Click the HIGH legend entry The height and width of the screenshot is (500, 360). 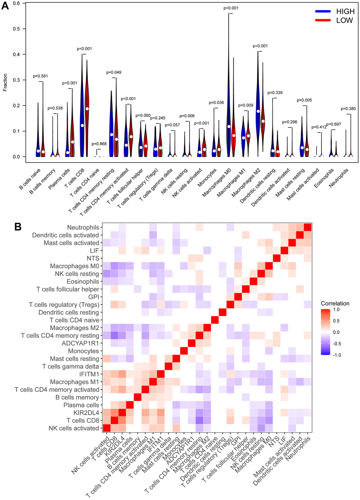tap(345, 12)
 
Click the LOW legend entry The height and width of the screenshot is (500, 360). tap(344, 20)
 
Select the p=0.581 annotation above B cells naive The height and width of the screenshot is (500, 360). tap(40, 76)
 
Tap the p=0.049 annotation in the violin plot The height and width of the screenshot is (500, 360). tap(114, 72)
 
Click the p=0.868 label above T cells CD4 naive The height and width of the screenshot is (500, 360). tap(99, 144)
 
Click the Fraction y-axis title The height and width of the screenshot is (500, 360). tap(5, 83)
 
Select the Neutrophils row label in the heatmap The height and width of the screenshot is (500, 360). tap(83, 227)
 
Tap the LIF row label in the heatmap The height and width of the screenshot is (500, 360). tap(94, 251)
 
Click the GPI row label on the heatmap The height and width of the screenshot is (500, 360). tap(94, 297)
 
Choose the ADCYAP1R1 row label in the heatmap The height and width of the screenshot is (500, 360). tap(80, 343)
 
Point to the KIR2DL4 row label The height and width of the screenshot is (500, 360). tap(86, 413)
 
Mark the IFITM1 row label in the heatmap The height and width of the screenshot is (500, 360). tap(89, 374)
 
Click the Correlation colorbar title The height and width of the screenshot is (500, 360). tap(335, 304)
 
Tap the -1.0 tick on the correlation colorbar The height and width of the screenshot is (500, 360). tap(337, 355)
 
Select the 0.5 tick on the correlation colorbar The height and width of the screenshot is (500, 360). tap(336, 321)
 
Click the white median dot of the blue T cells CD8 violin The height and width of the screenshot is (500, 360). tap(82, 126)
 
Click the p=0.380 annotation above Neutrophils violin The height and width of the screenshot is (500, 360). tap(348, 109)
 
